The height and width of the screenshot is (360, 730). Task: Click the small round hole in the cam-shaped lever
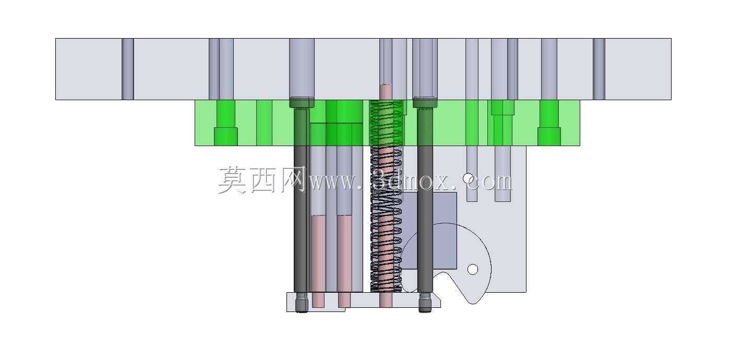click(473, 269)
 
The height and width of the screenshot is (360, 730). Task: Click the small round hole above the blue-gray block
click(468, 178)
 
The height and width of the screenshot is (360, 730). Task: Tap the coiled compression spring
click(386, 196)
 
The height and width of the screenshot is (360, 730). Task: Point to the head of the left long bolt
click(302, 102)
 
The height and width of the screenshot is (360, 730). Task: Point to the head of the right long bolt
click(425, 102)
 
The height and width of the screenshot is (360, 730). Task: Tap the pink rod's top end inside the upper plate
click(386, 86)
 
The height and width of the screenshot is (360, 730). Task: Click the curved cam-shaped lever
click(450, 261)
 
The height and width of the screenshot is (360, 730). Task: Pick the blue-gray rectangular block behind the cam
click(429, 231)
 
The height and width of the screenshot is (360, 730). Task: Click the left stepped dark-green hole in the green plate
click(225, 123)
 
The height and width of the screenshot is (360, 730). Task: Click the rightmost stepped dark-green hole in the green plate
click(549, 123)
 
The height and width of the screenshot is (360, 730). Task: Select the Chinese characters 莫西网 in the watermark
click(262, 180)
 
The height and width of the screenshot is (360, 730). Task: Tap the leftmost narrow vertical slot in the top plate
click(128, 69)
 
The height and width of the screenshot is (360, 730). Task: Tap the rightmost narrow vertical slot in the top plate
click(599, 69)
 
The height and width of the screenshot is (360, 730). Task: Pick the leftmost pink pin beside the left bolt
click(318, 261)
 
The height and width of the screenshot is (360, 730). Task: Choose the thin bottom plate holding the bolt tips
click(363, 302)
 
